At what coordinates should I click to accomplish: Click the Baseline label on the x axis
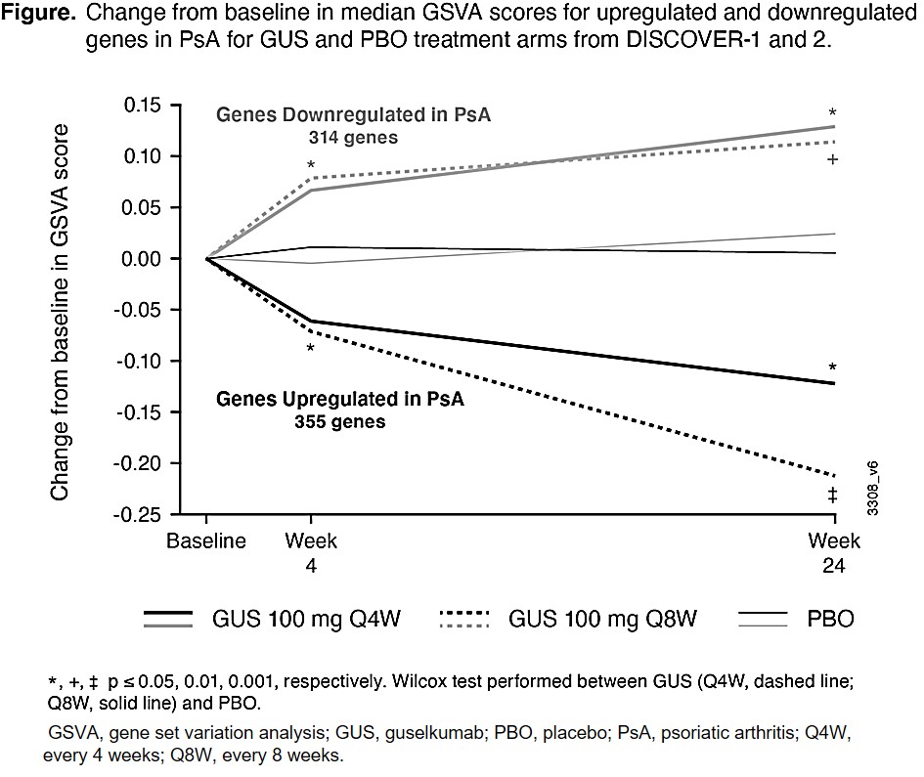coord(206,541)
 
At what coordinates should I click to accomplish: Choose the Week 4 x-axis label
coord(311,553)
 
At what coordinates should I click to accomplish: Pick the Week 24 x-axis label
coord(834,553)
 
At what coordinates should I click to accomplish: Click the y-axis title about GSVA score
coord(61,312)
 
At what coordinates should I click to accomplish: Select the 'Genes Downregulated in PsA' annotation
coord(353,115)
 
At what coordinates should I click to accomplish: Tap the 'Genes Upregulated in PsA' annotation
coord(339,400)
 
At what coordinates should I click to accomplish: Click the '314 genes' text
coord(353,138)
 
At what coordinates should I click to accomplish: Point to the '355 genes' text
coord(339,422)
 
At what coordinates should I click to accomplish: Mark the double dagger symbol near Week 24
coord(832,496)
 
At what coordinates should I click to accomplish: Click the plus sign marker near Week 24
coord(832,158)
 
